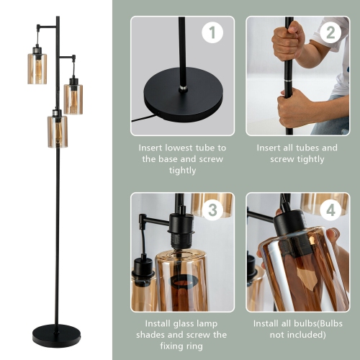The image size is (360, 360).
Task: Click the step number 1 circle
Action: coord(212,32)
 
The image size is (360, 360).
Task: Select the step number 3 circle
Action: coord(212,210)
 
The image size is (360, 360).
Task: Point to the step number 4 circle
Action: coord(330,210)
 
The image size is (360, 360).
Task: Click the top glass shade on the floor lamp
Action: coord(37,68)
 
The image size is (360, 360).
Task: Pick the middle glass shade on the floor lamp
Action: coord(73,99)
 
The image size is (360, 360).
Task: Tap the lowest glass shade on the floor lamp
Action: coord(57,131)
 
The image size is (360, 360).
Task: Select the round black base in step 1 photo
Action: coord(183,94)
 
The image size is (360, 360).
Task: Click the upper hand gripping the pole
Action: coord(288,42)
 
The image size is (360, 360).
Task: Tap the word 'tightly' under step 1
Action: coord(182,171)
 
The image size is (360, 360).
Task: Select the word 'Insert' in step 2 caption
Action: coord(270,148)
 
